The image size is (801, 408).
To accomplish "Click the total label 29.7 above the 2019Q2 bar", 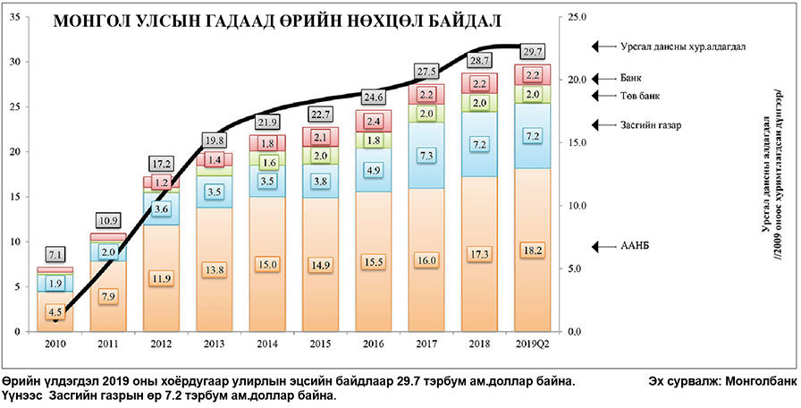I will click(532, 51).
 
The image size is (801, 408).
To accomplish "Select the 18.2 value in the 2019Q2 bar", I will click(532, 251).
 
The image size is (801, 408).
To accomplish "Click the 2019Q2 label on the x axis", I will click(532, 343).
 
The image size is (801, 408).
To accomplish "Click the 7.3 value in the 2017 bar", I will click(426, 156).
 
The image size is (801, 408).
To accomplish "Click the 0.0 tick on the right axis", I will click(578, 332).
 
